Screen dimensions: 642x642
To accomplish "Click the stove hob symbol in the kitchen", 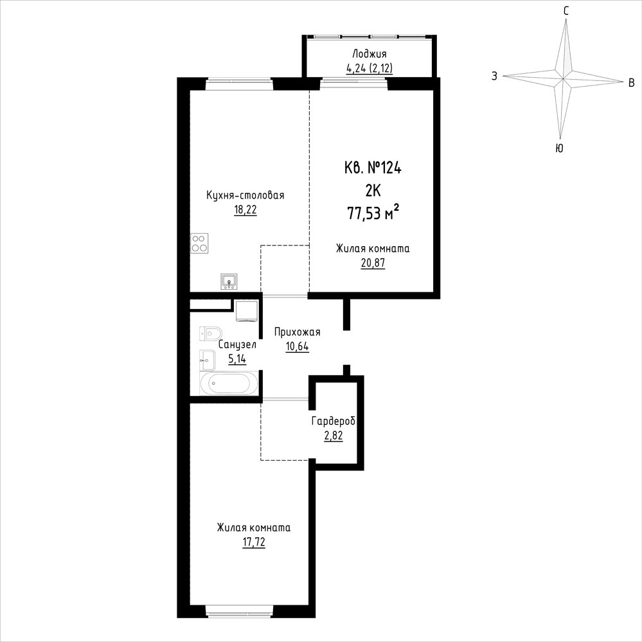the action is [x=199, y=243].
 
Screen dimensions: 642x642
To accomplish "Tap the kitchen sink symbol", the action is [x=229, y=281].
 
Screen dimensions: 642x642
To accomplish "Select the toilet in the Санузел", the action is [x=210, y=334].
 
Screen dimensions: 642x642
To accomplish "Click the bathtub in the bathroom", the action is [x=229, y=383].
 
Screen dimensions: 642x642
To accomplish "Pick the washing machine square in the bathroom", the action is [x=247, y=311].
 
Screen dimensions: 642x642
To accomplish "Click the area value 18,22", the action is [x=245, y=210].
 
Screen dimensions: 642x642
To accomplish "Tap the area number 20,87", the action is [x=373, y=263].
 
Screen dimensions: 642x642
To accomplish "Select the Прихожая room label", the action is [x=298, y=332].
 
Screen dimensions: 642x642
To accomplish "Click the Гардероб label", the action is [x=334, y=421].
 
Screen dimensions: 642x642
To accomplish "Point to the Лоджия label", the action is [x=370, y=54].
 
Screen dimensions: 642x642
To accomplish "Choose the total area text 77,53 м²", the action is [x=373, y=213].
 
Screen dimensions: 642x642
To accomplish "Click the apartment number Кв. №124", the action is [x=373, y=168].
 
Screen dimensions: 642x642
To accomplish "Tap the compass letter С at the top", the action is [x=566, y=11].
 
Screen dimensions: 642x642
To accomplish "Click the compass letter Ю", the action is [x=559, y=148].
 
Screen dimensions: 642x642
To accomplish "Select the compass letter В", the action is [x=632, y=83].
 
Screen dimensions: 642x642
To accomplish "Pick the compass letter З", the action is [x=495, y=76].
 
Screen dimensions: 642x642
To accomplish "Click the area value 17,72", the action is [x=253, y=543].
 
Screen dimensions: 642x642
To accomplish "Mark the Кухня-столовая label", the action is [x=245, y=195].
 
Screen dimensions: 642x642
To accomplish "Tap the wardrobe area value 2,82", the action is [x=334, y=436].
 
